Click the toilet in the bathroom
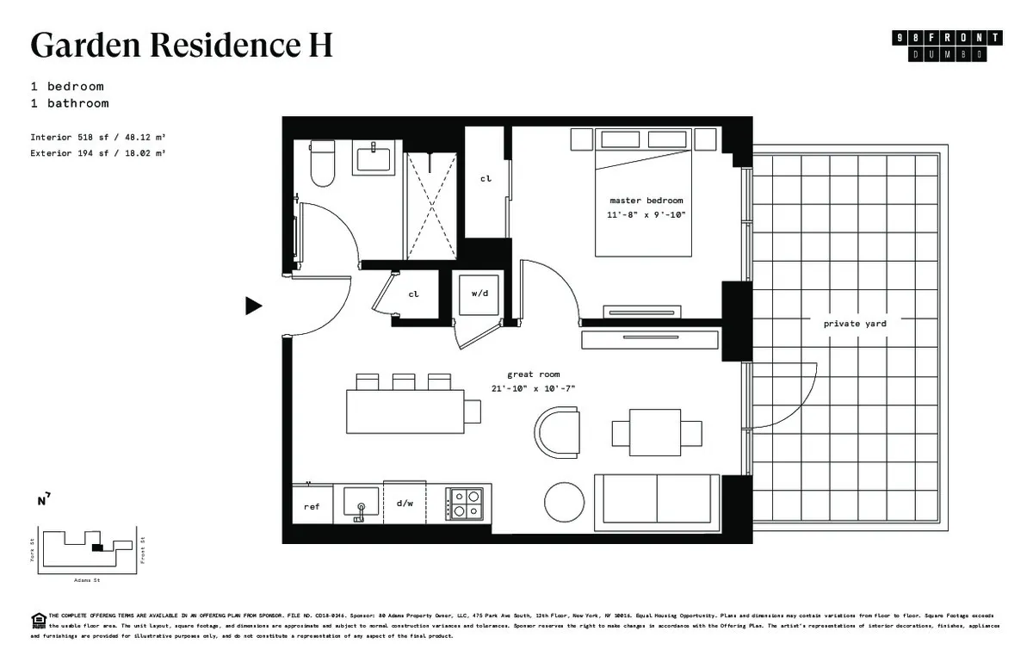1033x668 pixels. (x=322, y=165)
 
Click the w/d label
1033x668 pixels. (x=480, y=294)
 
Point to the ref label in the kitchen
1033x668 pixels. (x=312, y=507)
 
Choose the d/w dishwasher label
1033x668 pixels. (x=405, y=503)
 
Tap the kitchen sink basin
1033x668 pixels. (x=360, y=499)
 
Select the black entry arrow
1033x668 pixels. (x=253, y=306)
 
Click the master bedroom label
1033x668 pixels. (x=646, y=201)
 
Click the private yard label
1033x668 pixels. (x=854, y=324)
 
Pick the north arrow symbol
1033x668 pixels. (x=43, y=498)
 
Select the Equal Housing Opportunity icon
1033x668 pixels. (x=39, y=618)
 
